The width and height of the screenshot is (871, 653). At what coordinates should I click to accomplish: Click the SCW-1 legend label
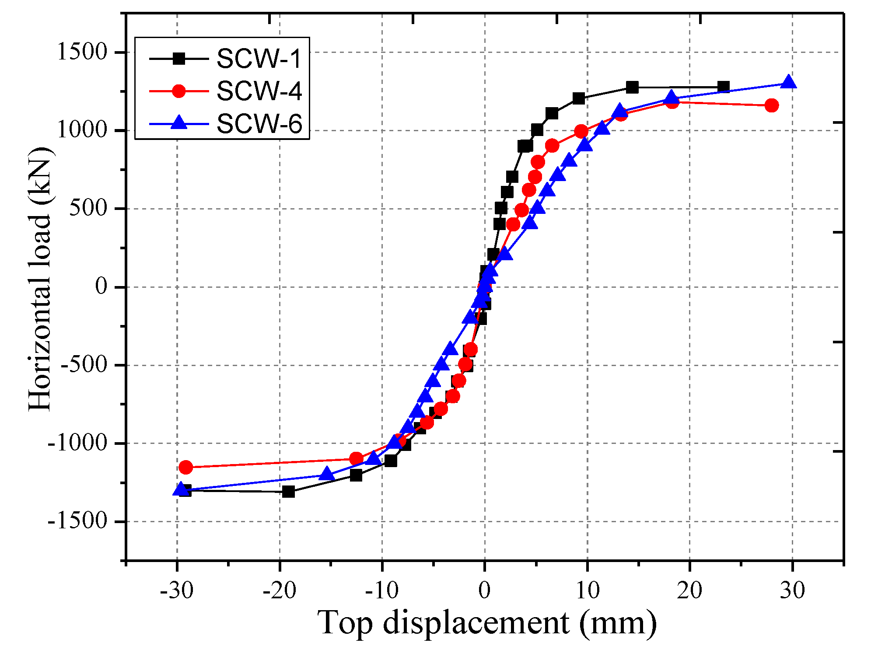pos(259,59)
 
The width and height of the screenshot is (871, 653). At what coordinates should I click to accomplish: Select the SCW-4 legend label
pos(259,91)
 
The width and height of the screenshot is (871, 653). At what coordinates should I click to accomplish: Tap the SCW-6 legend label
pos(259,124)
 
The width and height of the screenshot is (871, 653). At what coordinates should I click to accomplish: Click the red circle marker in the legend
pos(178,91)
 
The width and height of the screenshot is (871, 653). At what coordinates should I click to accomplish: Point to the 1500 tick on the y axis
pos(82,52)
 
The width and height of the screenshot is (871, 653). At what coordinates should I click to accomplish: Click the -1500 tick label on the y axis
pos(78,521)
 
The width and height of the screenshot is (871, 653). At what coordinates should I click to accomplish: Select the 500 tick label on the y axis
pos(89,209)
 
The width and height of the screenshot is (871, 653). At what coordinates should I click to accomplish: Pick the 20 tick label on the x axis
pos(689,591)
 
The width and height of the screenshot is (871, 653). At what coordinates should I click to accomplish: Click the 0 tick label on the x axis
pos(484,591)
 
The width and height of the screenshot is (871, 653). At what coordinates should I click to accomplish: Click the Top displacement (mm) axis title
pos(486,622)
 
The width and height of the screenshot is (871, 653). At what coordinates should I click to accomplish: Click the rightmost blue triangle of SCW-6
pos(788,82)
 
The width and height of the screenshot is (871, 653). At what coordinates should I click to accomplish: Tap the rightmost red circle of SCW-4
pos(772,105)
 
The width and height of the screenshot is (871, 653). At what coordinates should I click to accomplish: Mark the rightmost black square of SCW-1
pos(724,87)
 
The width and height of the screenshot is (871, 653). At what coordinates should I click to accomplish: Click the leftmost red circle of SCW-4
pos(185,467)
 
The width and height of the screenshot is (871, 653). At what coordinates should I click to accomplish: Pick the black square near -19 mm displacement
pos(288,492)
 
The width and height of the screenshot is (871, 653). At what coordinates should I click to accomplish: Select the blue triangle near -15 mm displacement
pos(326,474)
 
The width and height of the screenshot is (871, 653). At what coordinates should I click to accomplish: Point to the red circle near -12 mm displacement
pos(356,459)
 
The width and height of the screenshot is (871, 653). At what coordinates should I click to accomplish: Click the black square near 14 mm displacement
pos(632,87)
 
